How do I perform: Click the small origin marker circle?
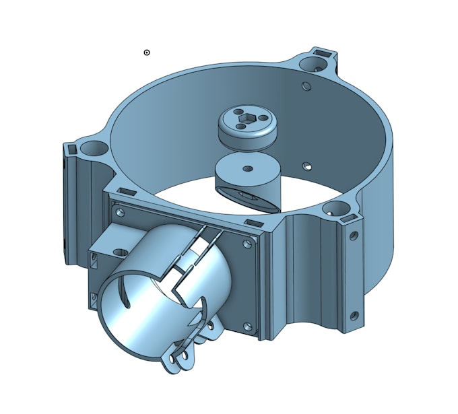(x=147, y=53)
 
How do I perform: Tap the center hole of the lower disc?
(x=247, y=168)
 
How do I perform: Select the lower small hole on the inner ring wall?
(x=306, y=165)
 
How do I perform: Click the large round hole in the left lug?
(x=89, y=147)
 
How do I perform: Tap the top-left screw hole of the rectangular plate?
(x=121, y=212)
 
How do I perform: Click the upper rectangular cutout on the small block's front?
(x=91, y=257)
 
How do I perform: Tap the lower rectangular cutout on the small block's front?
(x=92, y=297)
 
